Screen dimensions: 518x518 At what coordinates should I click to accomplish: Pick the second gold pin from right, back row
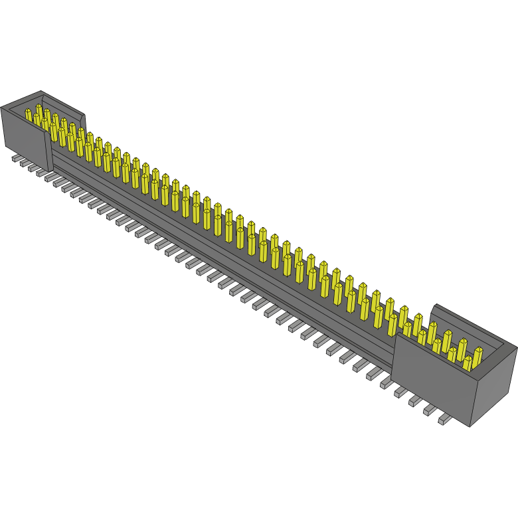[462, 346]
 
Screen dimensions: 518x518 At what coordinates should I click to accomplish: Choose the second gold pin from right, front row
[452, 353]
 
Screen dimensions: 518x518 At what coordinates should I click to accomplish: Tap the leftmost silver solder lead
[16, 159]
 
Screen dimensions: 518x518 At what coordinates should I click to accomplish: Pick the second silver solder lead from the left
[25, 163]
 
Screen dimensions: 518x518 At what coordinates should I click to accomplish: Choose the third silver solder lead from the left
[33, 167]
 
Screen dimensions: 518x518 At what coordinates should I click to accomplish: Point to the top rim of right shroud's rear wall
[474, 325]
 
